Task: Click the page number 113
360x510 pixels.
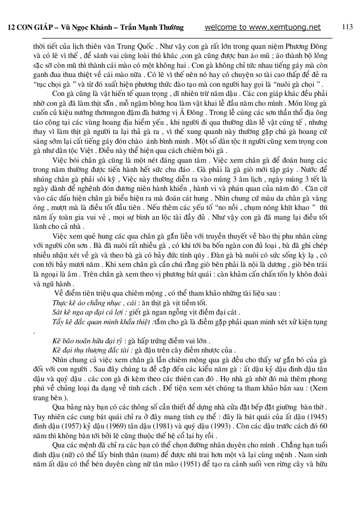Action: [x=347, y=27]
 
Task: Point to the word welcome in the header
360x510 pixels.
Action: [x=221, y=27]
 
